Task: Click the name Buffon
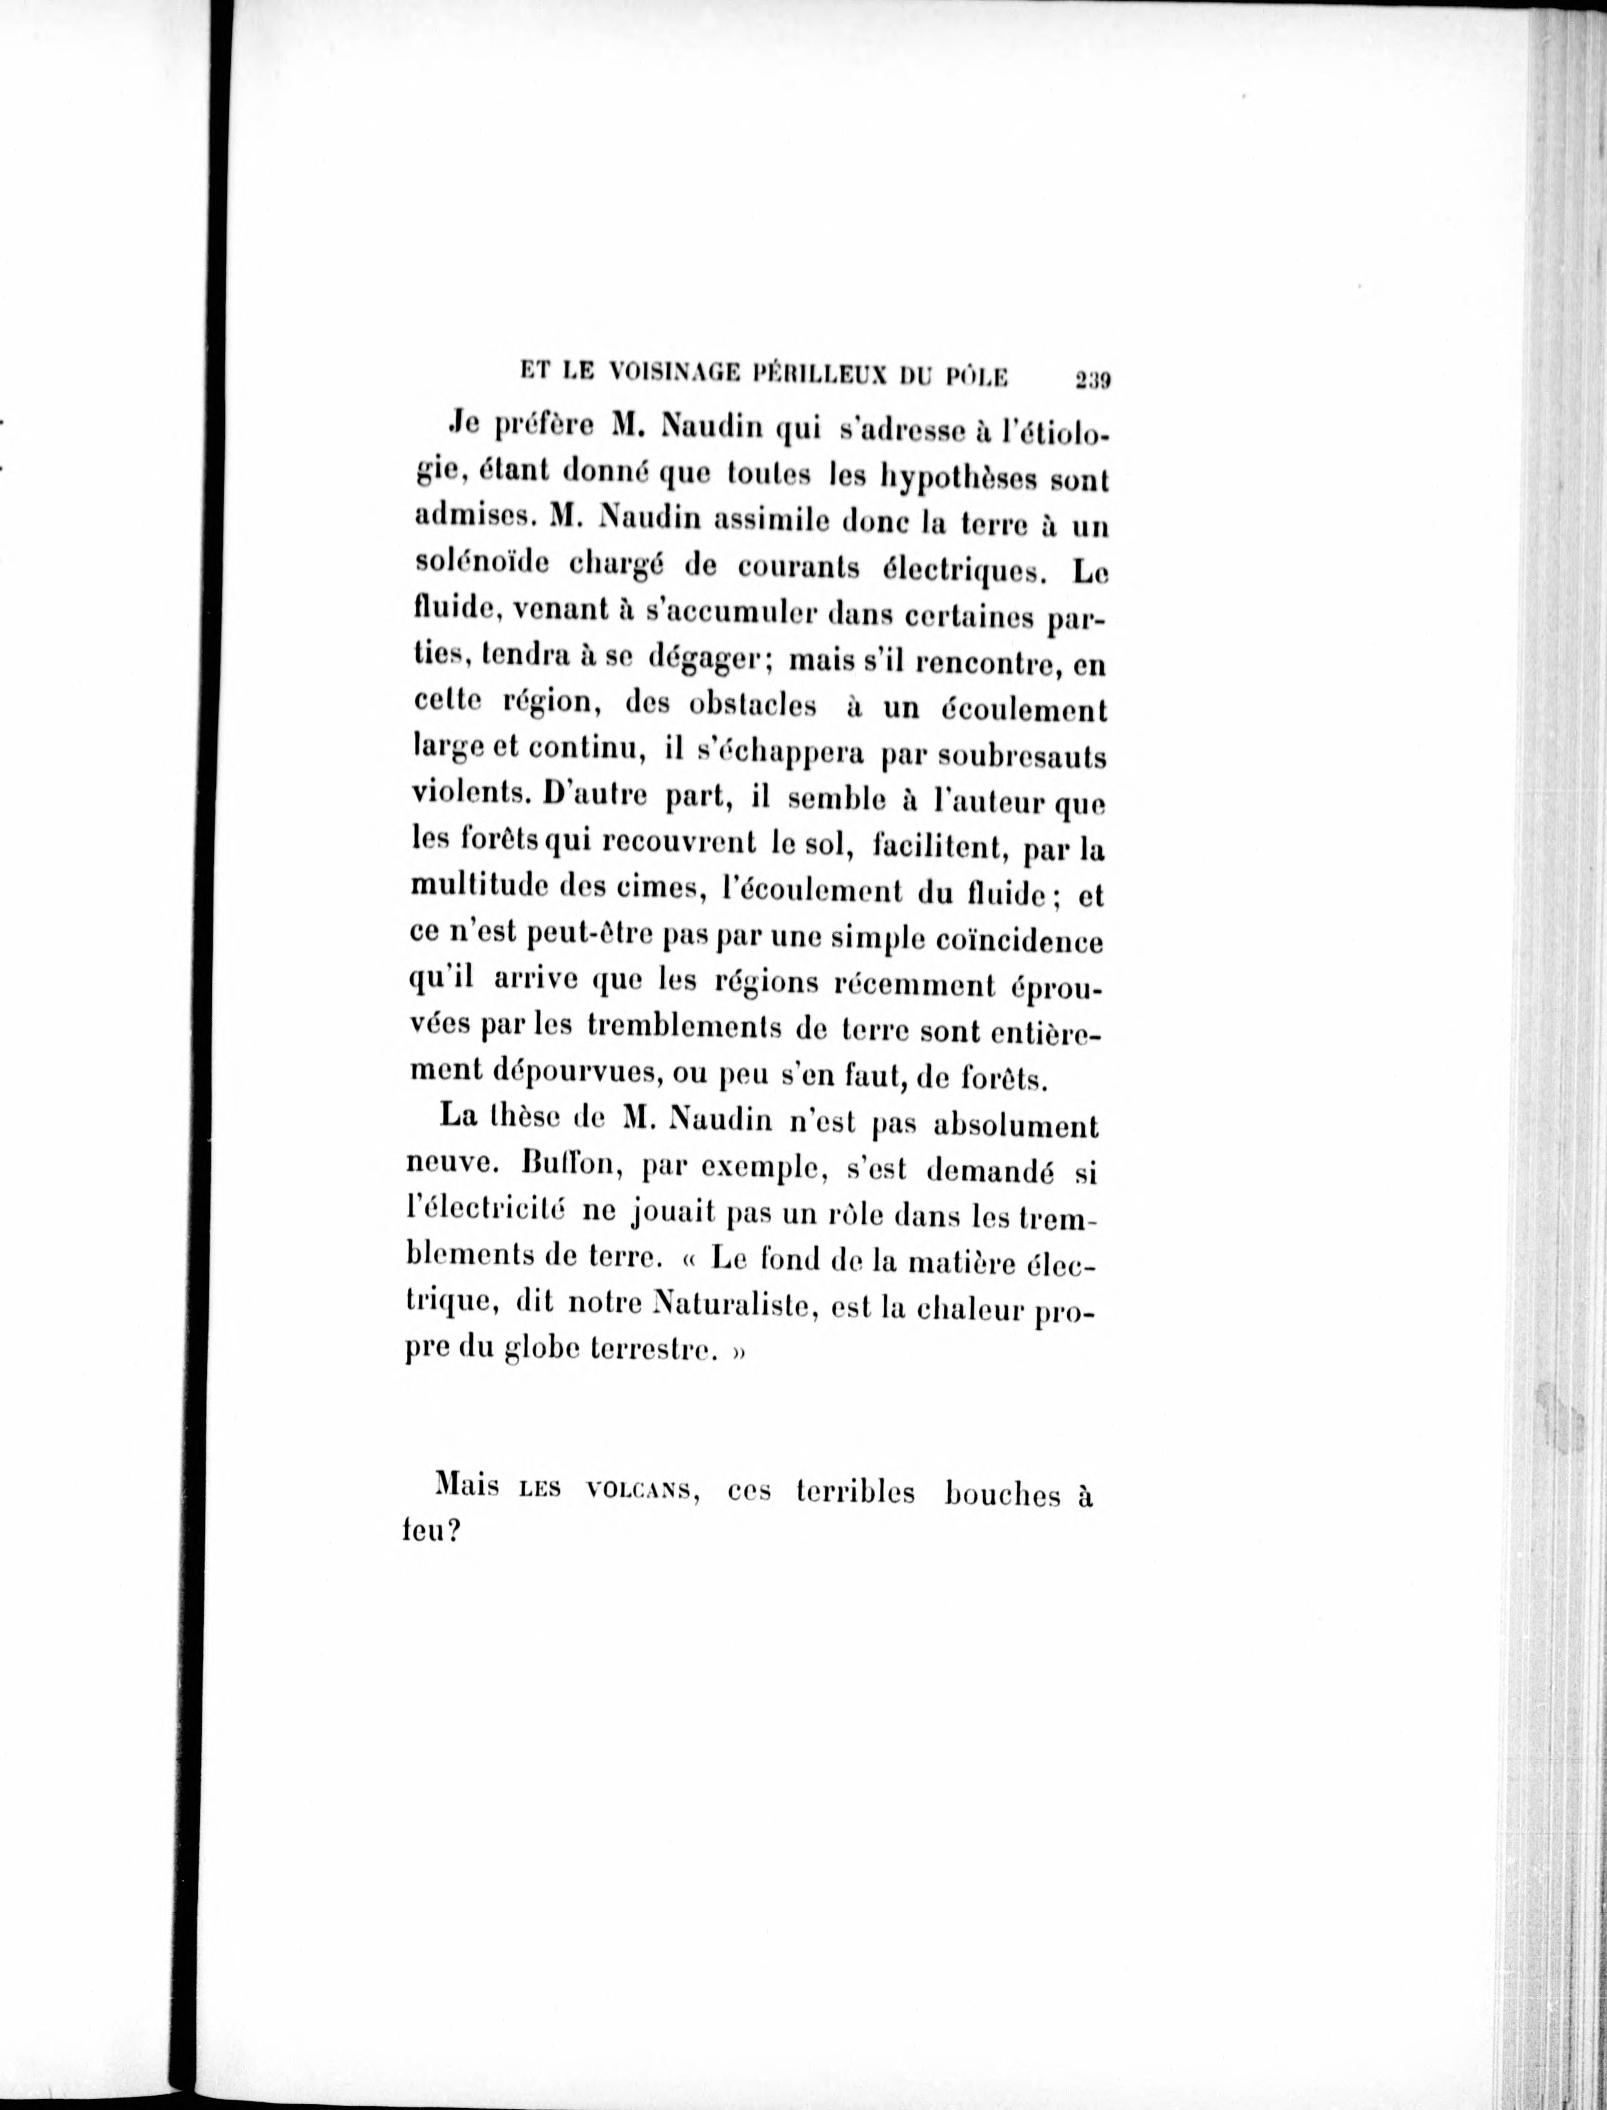tap(571, 1167)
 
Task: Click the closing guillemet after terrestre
tap(738, 1354)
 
